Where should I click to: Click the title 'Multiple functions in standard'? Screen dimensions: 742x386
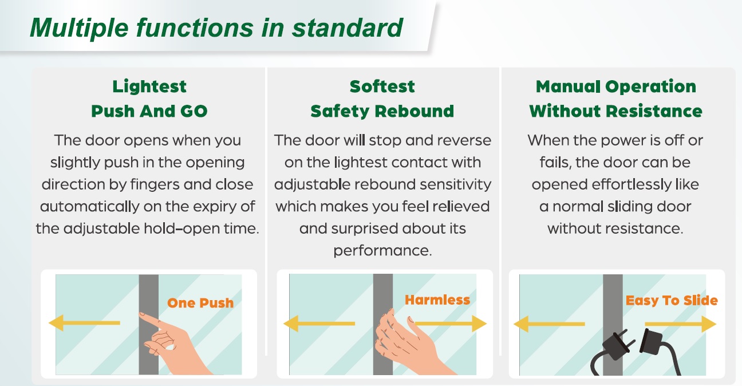click(x=216, y=28)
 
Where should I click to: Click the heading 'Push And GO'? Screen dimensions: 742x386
click(x=149, y=111)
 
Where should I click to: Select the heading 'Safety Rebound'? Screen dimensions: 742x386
click(x=382, y=111)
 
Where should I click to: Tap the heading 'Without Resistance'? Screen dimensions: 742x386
click(x=616, y=111)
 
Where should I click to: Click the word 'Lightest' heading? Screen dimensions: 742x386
click(x=149, y=87)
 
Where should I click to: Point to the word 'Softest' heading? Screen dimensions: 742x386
click(x=382, y=86)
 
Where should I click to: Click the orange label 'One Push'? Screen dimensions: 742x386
click(x=200, y=303)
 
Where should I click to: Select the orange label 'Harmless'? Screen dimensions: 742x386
click(x=437, y=300)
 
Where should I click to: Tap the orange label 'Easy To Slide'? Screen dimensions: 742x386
click(x=672, y=301)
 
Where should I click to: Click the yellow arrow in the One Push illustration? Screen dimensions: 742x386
click(x=84, y=322)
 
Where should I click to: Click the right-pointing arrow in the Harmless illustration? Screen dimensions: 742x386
click(x=451, y=324)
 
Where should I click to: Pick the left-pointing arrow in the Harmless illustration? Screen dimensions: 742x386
click(x=319, y=324)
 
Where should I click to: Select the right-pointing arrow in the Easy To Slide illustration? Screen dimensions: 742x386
click(x=681, y=324)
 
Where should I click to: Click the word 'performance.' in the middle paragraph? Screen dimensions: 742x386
click(x=382, y=251)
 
